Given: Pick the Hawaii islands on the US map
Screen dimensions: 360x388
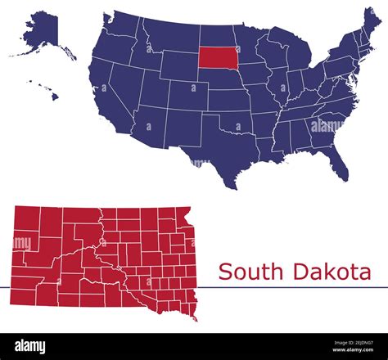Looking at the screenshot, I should point(49,90).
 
